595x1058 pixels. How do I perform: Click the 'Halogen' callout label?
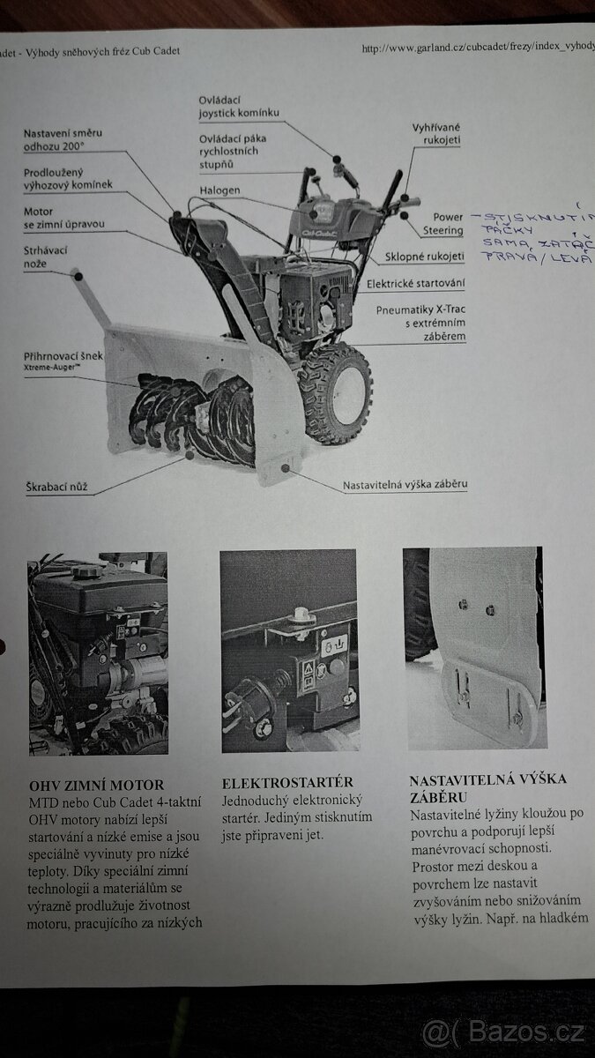point(219,190)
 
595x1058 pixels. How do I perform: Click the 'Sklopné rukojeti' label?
point(424,257)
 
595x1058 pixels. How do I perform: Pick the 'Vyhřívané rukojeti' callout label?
point(436,134)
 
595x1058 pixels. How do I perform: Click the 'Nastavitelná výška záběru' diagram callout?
point(404,484)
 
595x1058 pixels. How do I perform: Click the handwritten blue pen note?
point(531,235)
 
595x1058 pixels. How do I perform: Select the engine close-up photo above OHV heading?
point(98,652)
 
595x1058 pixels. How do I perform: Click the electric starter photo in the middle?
point(289,651)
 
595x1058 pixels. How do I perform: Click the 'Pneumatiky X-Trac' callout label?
point(420,323)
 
